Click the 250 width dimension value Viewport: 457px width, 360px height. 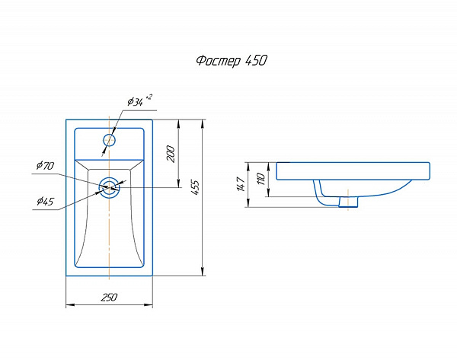[109, 298]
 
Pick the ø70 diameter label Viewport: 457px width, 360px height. [43, 165]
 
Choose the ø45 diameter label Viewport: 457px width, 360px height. [44, 202]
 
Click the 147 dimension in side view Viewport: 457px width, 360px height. [240, 183]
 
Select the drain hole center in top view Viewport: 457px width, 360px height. [110, 186]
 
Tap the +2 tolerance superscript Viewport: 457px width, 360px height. [149, 97]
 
